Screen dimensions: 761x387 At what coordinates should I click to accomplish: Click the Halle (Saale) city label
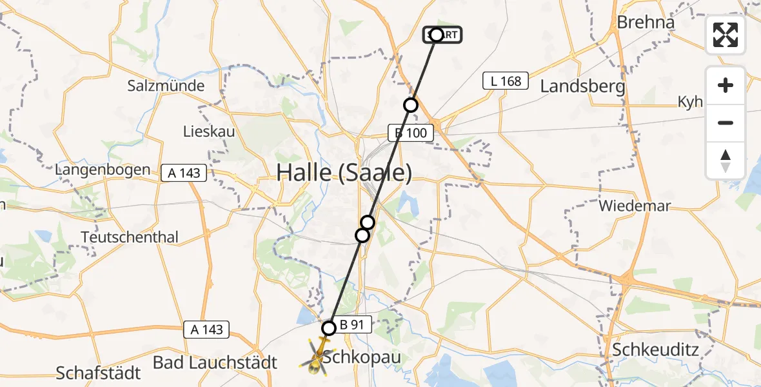[344, 173]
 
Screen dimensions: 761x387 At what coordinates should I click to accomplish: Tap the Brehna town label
[646, 22]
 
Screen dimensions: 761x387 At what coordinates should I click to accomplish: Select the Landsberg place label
[582, 86]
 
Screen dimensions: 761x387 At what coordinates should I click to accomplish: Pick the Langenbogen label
[103, 170]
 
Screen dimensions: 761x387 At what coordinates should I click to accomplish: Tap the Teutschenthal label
[130, 237]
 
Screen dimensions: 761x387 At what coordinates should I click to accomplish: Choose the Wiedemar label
[635, 206]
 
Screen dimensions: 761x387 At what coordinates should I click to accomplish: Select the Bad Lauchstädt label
[215, 362]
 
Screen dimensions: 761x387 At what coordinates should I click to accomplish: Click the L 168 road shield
[506, 81]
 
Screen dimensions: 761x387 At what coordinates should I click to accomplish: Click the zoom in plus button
[726, 86]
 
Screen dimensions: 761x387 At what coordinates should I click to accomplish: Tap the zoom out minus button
[726, 123]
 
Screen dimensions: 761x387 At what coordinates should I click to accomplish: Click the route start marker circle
[437, 35]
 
